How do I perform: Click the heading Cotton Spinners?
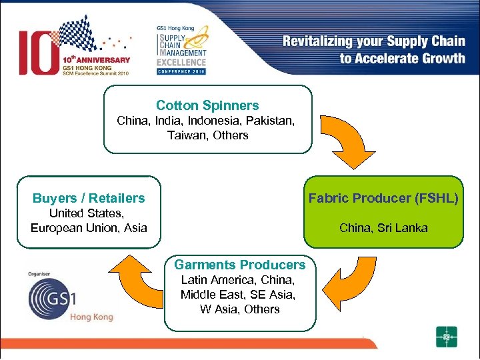pyautogui.click(x=207, y=105)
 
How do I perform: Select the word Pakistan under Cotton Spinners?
pyautogui.click(x=270, y=121)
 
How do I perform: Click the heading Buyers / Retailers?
pyautogui.click(x=89, y=198)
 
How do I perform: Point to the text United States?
pyautogui.click(x=87, y=213)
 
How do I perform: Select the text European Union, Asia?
pyautogui.click(x=89, y=228)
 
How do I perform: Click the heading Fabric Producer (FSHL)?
pyautogui.click(x=383, y=198)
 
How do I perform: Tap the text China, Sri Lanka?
pyautogui.click(x=383, y=228)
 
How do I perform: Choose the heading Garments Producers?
pyautogui.click(x=239, y=265)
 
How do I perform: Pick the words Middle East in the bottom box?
pyautogui.click(x=207, y=295)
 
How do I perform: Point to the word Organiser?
pyautogui.click(x=40, y=273)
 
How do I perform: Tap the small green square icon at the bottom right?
pyautogui.click(x=446, y=337)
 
